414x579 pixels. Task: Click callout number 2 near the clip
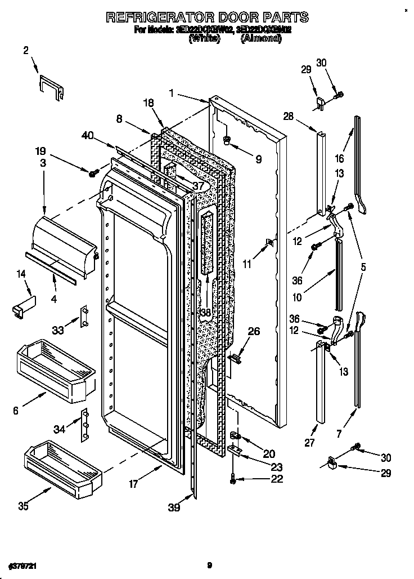point(26,51)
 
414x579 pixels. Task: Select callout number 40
point(87,135)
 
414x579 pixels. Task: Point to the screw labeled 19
point(93,171)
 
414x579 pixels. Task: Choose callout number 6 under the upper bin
point(16,411)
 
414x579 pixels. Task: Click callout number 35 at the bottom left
point(23,506)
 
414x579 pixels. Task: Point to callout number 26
point(254,332)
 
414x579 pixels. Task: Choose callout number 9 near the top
point(258,159)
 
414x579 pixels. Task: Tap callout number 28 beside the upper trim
point(289,117)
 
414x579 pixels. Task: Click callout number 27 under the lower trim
point(309,443)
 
